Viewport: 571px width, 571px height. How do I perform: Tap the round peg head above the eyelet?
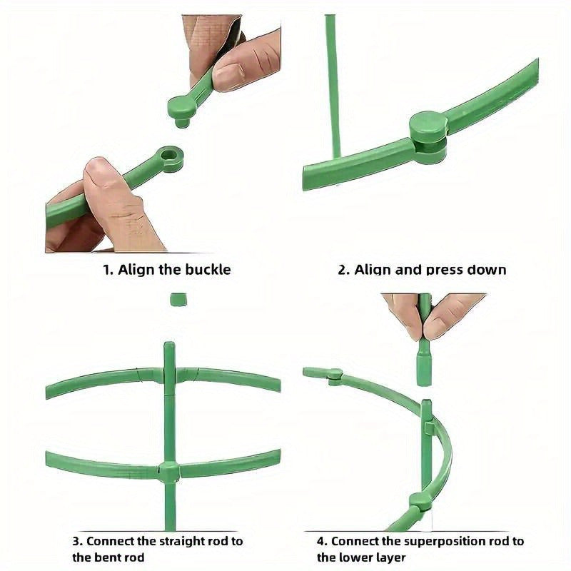tap(181, 107)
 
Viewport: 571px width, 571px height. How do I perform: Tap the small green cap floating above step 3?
tap(178, 299)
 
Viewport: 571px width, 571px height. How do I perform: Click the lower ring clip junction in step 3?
tap(169, 471)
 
